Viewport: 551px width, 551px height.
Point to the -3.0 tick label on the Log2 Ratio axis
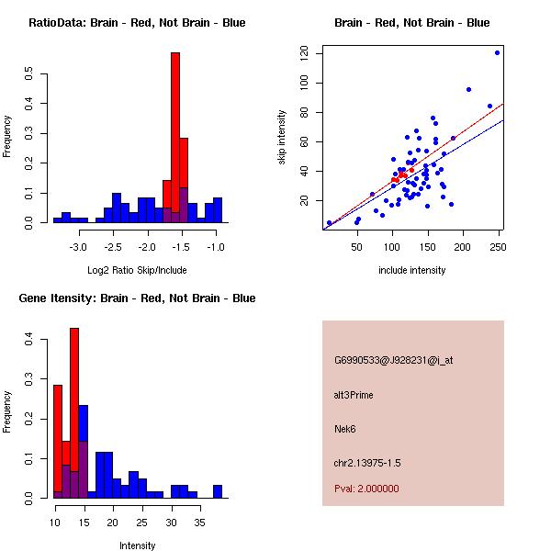(x=78, y=247)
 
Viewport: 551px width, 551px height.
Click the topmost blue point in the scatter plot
(x=497, y=52)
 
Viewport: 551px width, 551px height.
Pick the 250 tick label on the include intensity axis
(x=497, y=247)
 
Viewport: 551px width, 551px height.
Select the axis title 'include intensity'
(x=412, y=271)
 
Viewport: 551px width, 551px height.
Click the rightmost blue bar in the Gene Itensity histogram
(x=218, y=491)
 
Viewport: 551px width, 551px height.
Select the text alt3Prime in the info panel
(x=354, y=396)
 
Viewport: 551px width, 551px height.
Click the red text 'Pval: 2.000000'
(x=366, y=489)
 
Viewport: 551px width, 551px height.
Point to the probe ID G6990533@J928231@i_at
(x=393, y=360)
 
